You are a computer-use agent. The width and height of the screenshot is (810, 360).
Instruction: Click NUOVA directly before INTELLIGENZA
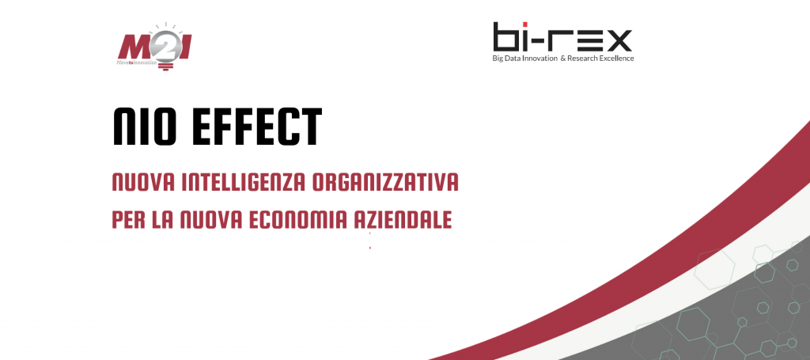(142, 183)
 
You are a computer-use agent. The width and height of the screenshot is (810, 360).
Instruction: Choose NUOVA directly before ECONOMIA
(210, 219)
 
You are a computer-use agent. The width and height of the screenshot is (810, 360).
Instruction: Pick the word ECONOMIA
(297, 219)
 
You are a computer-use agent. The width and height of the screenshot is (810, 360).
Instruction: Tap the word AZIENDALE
(403, 219)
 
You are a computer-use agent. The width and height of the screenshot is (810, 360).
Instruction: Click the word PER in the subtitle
(127, 219)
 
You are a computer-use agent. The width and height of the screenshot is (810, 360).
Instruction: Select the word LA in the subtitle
(161, 219)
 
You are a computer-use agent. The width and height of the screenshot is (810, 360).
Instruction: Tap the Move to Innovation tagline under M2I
(136, 62)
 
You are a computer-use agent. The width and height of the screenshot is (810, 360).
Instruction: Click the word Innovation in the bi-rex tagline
(539, 59)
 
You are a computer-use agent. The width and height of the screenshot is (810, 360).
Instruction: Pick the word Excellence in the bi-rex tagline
(616, 59)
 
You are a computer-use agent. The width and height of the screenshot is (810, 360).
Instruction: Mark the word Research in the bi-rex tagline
(582, 59)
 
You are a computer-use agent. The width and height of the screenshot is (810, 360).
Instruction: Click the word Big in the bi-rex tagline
(498, 59)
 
